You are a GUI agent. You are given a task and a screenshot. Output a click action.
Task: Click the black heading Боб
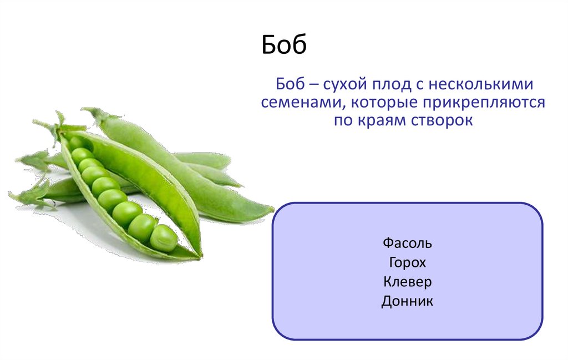[x=284, y=46]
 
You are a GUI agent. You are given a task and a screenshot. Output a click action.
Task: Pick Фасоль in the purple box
[x=407, y=243]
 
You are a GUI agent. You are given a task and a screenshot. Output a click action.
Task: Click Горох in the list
[x=407, y=262]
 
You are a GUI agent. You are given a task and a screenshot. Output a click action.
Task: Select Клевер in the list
[x=407, y=282]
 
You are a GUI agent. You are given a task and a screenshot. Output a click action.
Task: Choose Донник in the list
[x=407, y=302]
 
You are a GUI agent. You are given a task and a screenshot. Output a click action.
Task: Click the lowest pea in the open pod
[x=164, y=238]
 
